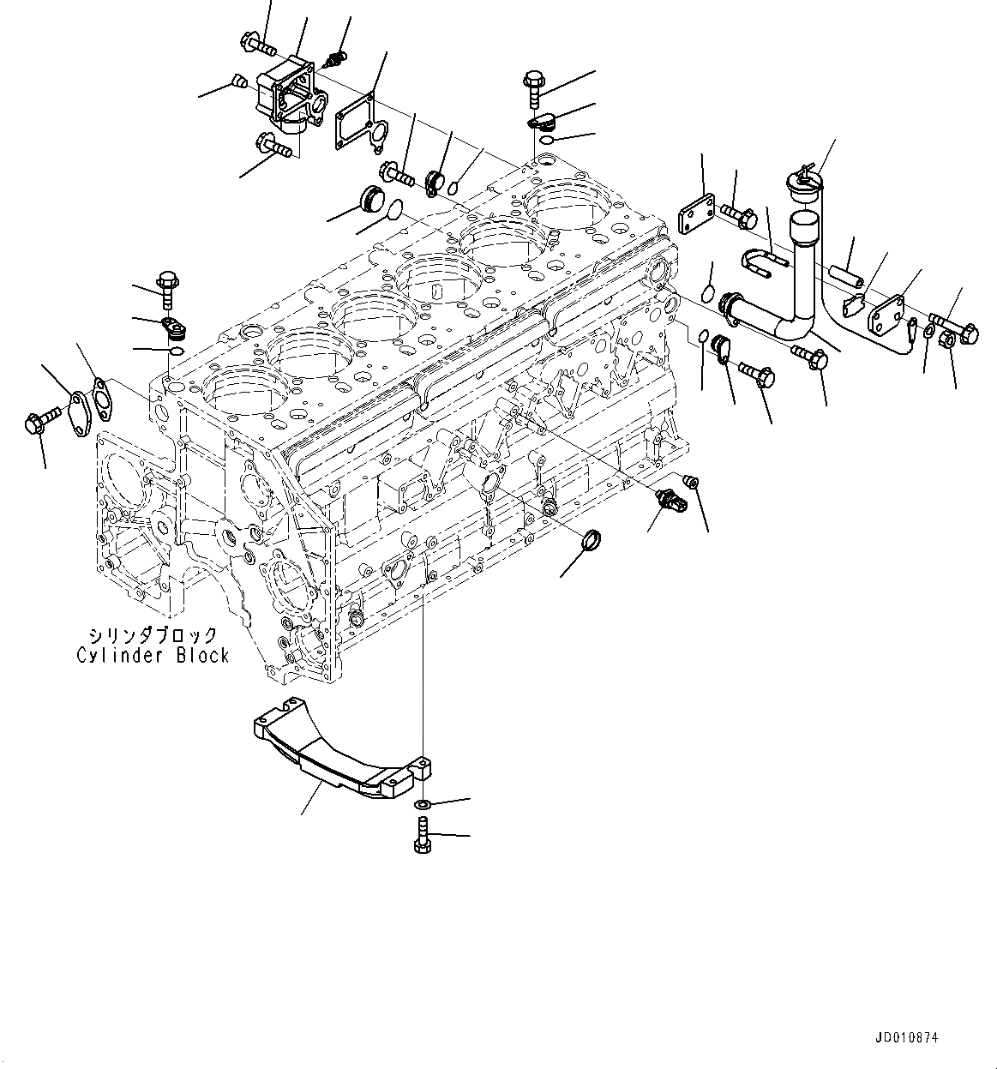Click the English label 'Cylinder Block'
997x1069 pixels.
[x=153, y=655]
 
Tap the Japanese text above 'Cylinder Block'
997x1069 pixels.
[x=153, y=635]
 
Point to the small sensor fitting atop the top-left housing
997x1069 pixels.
[x=338, y=60]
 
